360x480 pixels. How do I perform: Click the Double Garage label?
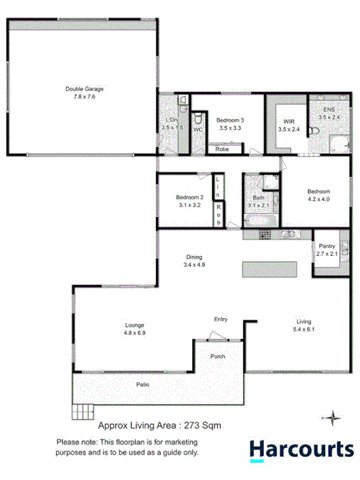tap(85, 89)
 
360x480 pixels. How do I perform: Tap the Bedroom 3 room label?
tap(230, 120)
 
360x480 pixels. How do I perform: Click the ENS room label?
tap(329, 110)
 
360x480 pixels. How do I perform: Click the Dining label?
tap(194, 257)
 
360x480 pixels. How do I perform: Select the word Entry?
tap(221, 319)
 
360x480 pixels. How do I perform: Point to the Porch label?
tap(218, 357)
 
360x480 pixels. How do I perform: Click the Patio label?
tap(143, 385)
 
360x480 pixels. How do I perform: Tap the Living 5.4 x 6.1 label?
tap(303, 325)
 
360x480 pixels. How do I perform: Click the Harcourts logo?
tap(301, 449)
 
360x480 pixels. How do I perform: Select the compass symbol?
tap(331, 417)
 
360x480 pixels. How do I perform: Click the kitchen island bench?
tap(260, 270)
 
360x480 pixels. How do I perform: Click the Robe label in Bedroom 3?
tap(222, 149)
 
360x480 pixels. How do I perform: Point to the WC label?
tap(198, 130)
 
